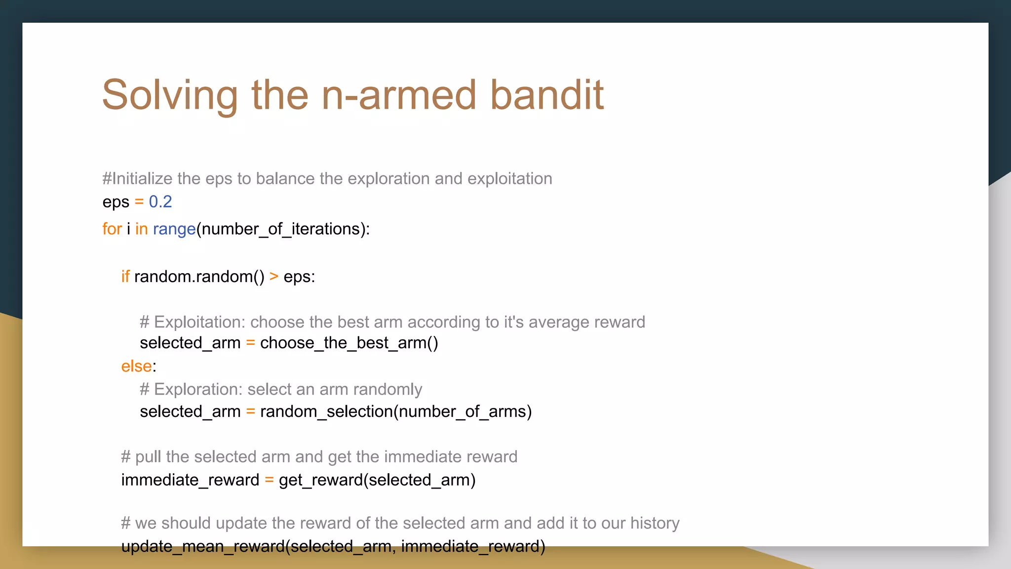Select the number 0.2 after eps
[160, 202]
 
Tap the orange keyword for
[112, 229]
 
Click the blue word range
[174, 229]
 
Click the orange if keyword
[125, 276]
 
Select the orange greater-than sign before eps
[274, 276]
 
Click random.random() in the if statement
[199, 276]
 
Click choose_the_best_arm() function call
[349, 343]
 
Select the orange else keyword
[136, 366]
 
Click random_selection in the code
[326, 411]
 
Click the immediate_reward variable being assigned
[190, 480]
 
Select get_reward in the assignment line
[320, 480]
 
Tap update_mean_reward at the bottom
[203, 546]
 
